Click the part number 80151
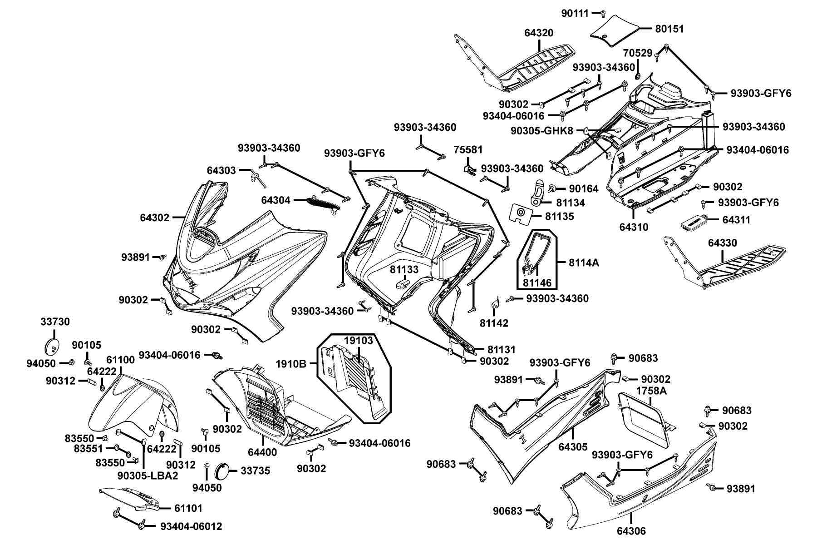coord(669,29)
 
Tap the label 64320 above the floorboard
coord(539,33)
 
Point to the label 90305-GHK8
coord(542,131)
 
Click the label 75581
coord(468,150)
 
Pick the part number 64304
coord(276,200)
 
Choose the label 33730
coord(55,322)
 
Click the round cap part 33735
coord(222,471)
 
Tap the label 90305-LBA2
coord(148,476)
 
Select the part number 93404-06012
coord(191,526)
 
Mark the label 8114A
coord(584,263)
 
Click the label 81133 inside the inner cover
coord(404,270)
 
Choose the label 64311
coord(736,220)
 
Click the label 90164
coord(584,188)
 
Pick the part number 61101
coord(188,508)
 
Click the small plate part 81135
coord(521,212)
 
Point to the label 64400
coord(262,452)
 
